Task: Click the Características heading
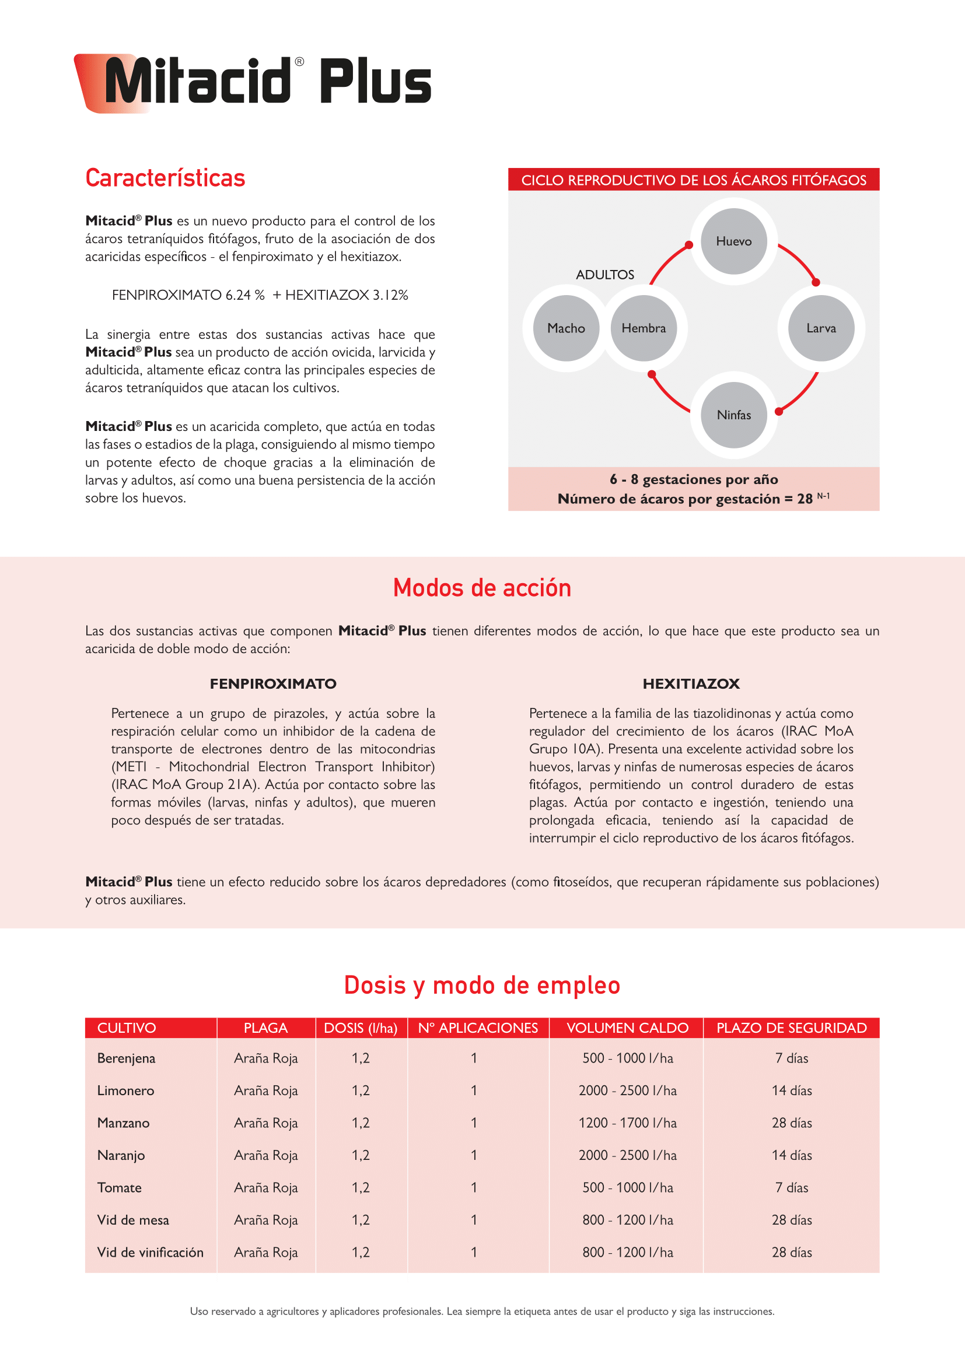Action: [165, 178]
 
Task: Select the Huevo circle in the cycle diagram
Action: [734, 241]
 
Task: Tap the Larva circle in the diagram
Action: [821, 328]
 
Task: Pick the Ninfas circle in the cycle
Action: [734, 415]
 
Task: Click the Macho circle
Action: [566, 328]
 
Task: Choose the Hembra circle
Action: [644, 328]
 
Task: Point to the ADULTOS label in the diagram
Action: [605, 275]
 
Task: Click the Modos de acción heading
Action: [482, 588]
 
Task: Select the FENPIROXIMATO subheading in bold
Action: [272, 684]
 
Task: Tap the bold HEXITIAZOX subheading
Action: [691, 684]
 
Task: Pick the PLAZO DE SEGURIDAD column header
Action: [792, 1028]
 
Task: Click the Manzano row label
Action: [124, 1123]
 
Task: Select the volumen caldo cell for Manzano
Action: [628, 1123]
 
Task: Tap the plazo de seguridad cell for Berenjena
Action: [792, 1058]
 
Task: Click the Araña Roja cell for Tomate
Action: [265, 1187]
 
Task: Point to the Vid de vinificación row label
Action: [151, 1252]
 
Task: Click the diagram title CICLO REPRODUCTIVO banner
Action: [694, 180]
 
